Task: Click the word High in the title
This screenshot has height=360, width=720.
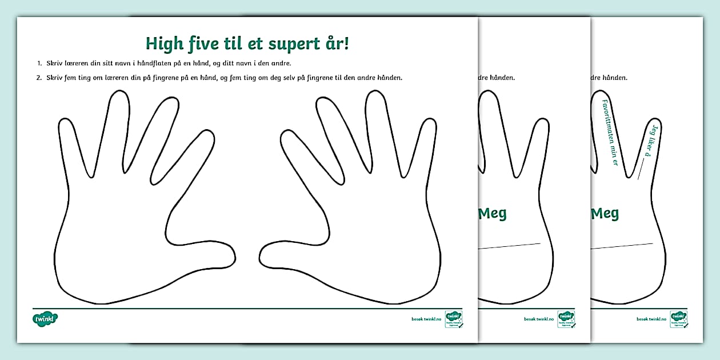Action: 165,44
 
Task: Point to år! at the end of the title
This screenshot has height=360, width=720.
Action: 334,43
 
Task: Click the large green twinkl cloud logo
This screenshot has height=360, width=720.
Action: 46,318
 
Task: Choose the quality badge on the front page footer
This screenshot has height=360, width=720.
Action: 454,319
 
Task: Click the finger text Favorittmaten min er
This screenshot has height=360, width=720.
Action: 610,132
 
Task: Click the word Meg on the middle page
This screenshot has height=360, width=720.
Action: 492,214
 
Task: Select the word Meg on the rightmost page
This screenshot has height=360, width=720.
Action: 605,214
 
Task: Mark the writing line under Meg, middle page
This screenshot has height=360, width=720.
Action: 509,246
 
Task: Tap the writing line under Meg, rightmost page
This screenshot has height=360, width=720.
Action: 622,246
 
